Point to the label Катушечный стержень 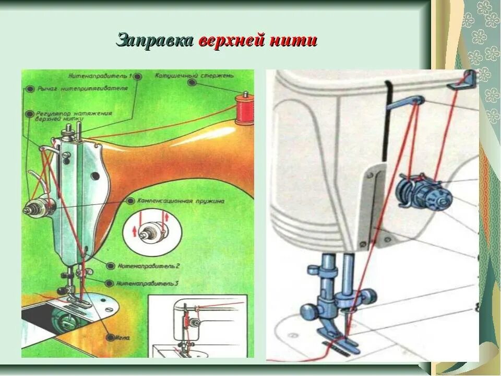(x=175, y=76)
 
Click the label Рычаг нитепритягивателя (x=82, y=88)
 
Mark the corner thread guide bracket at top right (x=469, y=78)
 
